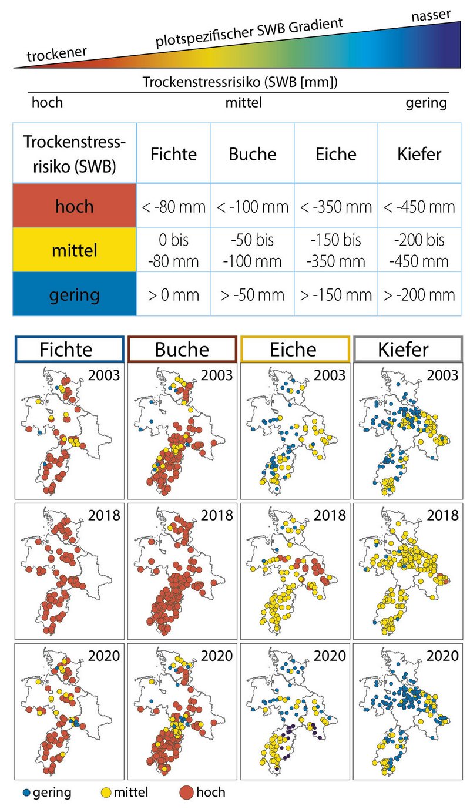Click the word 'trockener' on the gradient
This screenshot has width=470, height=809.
pos(57,55)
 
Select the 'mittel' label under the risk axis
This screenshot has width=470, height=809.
pos(243,103)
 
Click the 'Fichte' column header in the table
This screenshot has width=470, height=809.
pos(173,154)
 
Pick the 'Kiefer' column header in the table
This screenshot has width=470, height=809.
pos(419,154)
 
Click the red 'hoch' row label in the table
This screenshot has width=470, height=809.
pos(75,206)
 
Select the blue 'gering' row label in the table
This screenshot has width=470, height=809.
pos(75,293)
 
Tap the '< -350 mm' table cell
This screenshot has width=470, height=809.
pos(335,206)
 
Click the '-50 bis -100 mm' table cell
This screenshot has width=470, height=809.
pos(253,250)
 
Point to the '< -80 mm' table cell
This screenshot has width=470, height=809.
pos(173,206)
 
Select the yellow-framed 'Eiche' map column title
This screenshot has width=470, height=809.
pos(294,350)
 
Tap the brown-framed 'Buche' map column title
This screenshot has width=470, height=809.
pos(182,350)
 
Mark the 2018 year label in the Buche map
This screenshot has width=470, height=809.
pos(217,515)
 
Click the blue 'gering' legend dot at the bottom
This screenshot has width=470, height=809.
pos(24,793)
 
